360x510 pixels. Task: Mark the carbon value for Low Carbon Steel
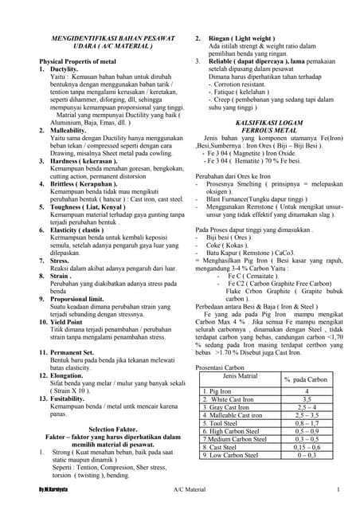point(306,455)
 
